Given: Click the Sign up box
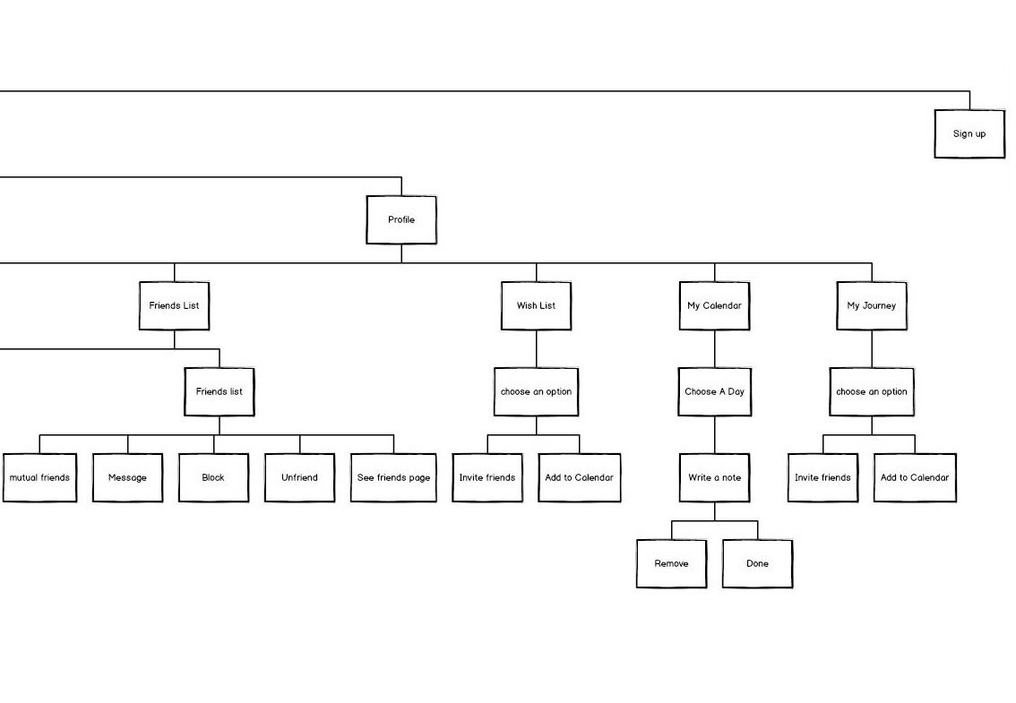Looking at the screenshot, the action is pyautogui.click(x=969, y=133).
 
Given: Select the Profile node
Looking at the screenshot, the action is pyautogui.click(x=401, y=219).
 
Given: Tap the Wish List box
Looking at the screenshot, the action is pyautogui.click(x=536, y=305).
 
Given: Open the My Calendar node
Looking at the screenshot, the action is pyautogui.click(x=714, y=305).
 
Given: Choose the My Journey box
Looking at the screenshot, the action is pyautogui.click(x=872, y=305).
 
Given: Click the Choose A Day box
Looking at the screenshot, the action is pyautogui.click(x=714, y=391).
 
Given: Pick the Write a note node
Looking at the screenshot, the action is pyautogui.click(x=714, y=477).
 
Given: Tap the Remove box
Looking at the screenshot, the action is pyautogui.click(x=671, y=563).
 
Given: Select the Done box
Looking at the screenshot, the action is pyautogui.click(x=757, y=563).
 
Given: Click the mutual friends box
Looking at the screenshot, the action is pyautogui.click(x=39, y=477).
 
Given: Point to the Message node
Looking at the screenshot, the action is pyautogui.click(x=127, y=477).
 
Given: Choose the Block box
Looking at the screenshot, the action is pyautogui.click(x=213, y=477).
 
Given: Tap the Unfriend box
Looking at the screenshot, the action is pyautogui.click(x=299, y=477).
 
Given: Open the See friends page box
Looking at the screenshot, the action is pyautogui.click(x=393, y=477).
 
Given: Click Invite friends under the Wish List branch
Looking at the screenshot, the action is pyautogui.click(x=487, y=477).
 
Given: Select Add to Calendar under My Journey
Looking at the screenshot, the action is pyautogui.click(x=915, y=477).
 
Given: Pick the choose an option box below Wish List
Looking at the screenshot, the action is pyautogui.click(x=536, y=391).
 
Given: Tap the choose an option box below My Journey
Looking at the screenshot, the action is pyautogui.click(x=872, y=391).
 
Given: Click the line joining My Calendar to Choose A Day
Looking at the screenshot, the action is pyautogui.click(x=714, y=348).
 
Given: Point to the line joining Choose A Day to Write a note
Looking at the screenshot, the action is pyautogui.click(x=714, y=434).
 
